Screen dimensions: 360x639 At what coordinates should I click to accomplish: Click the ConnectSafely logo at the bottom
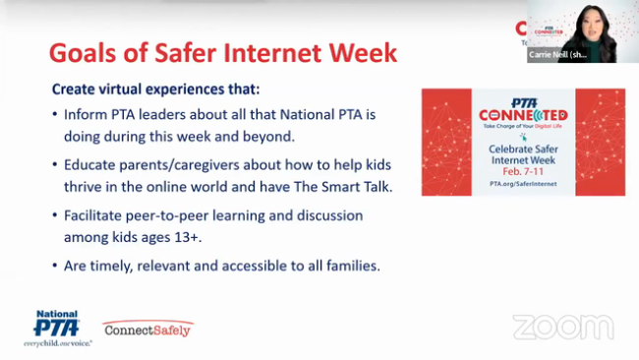tap(147, 330)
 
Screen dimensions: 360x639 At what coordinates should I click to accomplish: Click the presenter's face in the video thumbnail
tap(579, 22)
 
